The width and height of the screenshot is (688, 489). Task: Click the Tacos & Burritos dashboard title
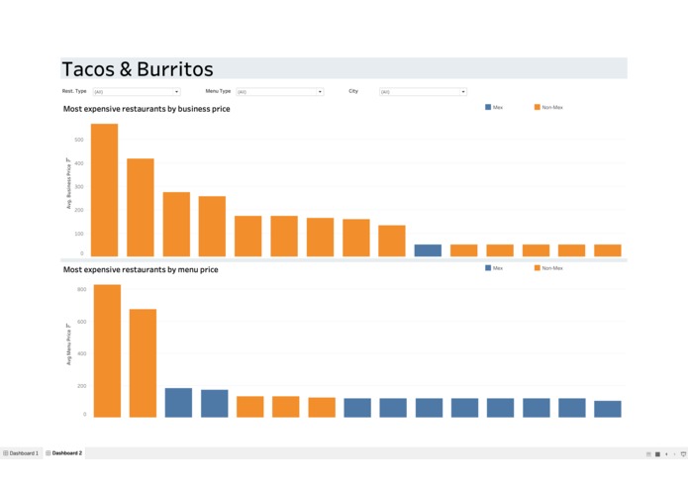tap(138, 69)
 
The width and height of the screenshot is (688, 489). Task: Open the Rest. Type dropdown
tap(136, 92)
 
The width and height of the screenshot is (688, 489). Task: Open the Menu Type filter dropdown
tap(279, 92)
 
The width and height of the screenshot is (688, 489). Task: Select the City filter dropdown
tap(423, 92)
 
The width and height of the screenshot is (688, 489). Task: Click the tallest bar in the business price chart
tap(104, 190)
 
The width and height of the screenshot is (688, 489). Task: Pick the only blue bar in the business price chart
tap(428, 250)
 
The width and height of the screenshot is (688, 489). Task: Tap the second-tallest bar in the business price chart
tap(140, 208)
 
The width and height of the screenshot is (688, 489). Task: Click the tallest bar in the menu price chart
tap(107, 350)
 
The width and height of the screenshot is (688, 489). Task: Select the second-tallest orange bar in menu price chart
tap(143, 362)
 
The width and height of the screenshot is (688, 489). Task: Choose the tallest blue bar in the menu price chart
tap(178, 402)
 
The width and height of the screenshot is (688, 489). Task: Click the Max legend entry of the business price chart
tap(494, 107)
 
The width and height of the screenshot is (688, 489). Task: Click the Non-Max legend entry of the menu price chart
tap(548, 268)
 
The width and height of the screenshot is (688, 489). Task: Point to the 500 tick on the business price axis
tap(79, 141)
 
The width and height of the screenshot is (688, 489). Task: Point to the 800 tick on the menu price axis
tap(81, 290)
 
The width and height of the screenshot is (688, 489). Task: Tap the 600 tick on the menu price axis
tap(81, 322)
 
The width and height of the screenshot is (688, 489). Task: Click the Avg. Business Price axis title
tap(69, 183)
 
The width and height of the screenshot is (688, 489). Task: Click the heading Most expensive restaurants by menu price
tap(141, 269)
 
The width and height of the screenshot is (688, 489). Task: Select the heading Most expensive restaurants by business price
tap(147, 109)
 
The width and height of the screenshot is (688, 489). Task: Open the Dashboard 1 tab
tap(21, 453)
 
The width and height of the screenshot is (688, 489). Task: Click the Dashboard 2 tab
tap(64, 453)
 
